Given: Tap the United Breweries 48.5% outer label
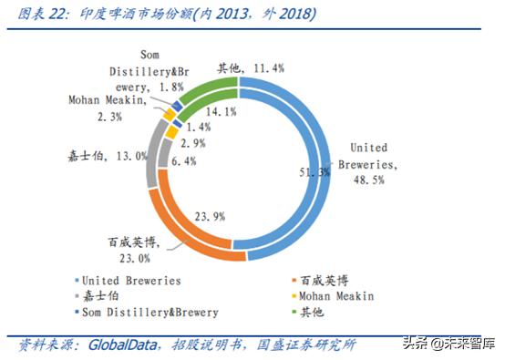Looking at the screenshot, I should [x=369, y=162].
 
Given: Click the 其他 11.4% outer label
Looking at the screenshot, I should [x=251, y=67].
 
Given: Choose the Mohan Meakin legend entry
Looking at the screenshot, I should [x=337, y=296].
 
